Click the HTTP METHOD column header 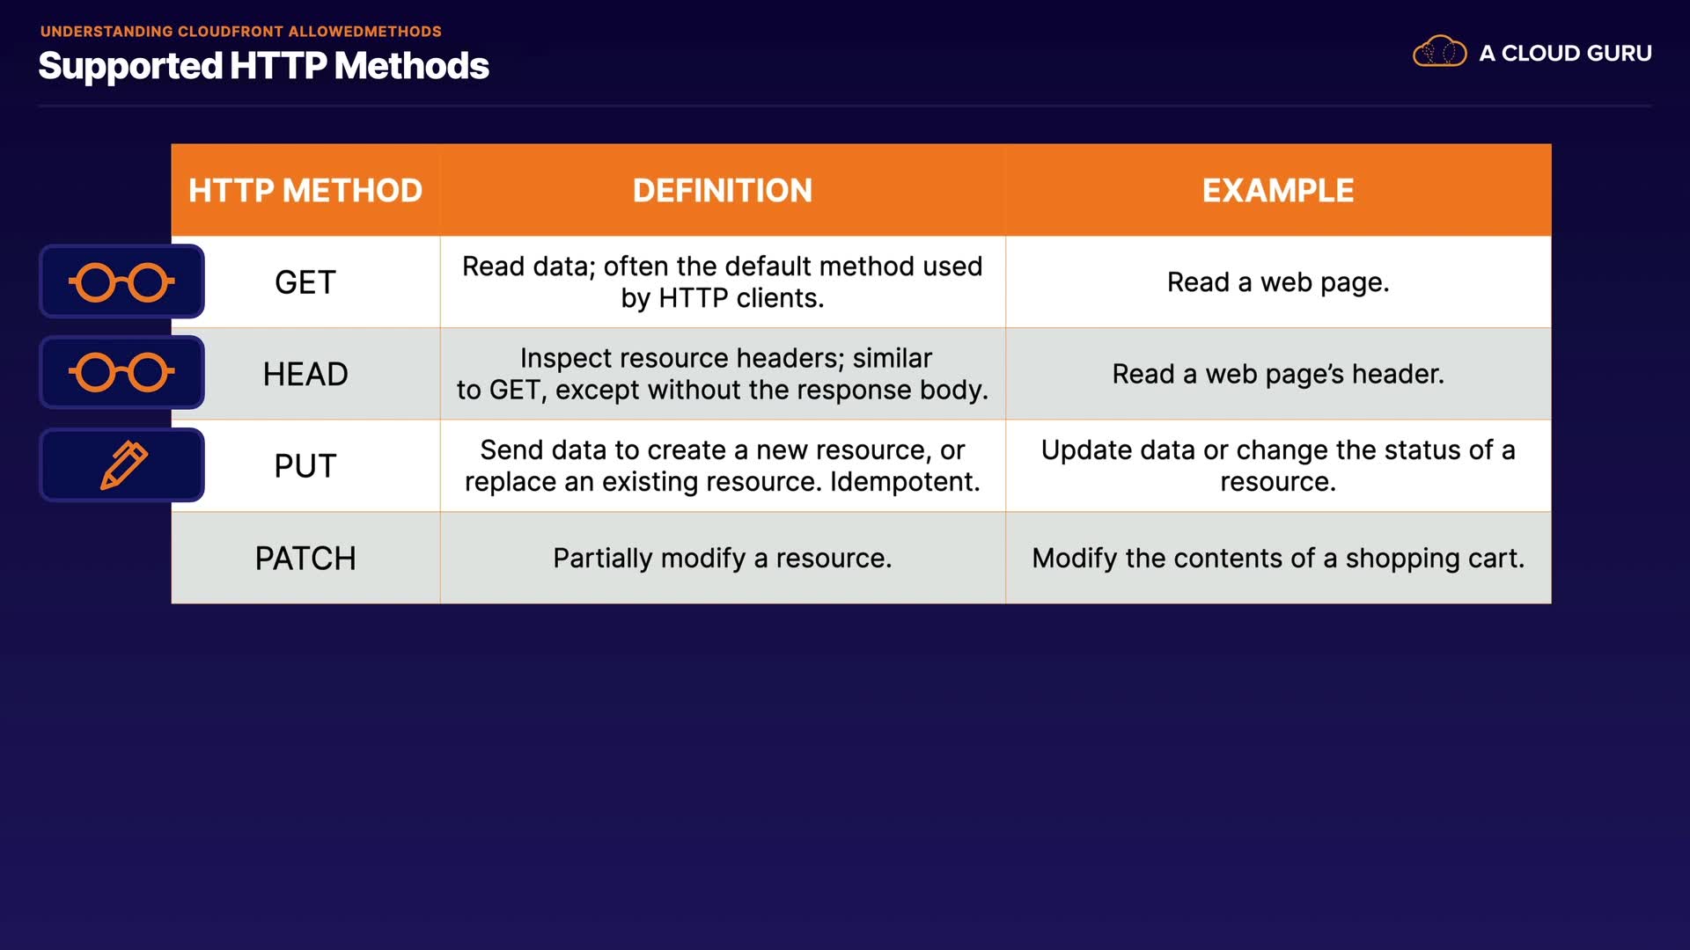305,191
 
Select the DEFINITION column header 723,191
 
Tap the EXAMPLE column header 1278,191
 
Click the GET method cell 305,282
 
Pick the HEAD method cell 305,374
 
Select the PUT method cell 305,466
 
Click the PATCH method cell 305,559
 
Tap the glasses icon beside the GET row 121,282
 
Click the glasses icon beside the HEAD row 121,372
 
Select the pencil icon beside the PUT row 124,464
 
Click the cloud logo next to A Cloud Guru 1440,52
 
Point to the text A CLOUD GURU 1565,54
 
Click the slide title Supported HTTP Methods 264,66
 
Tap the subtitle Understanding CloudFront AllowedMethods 241,32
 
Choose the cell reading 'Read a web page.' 1278,282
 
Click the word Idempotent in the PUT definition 905,482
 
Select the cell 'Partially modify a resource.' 723,559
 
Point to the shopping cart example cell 1278,559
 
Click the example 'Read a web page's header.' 1278,374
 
